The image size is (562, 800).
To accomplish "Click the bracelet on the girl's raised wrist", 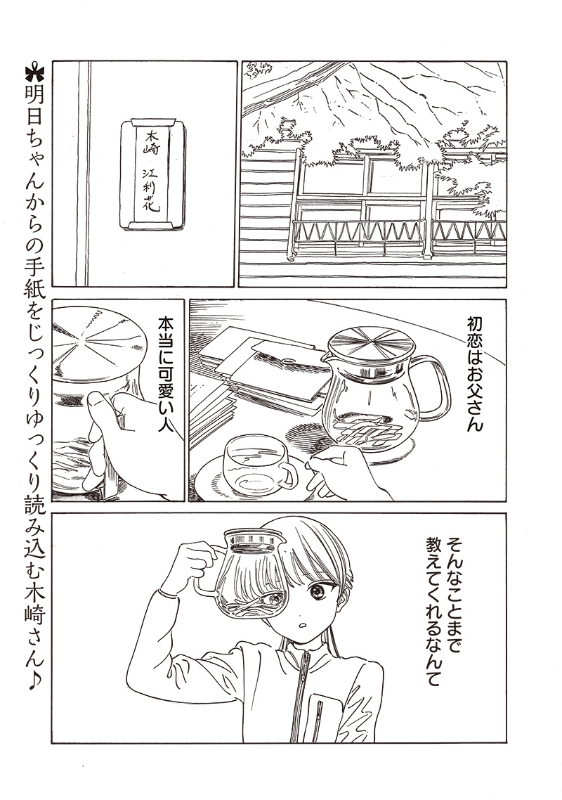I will (x=168, y=594).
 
